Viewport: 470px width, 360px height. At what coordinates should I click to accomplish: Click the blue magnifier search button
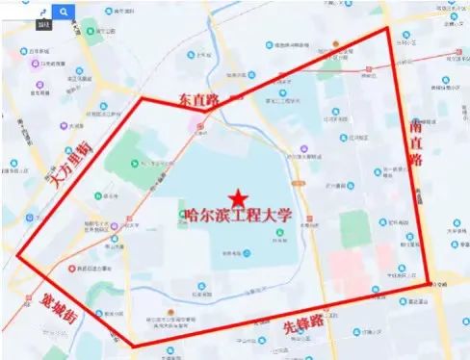pyautogui.click(x=63, y=13)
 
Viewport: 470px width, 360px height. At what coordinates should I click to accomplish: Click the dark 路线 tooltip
pyautogui.click(x=42, y=21)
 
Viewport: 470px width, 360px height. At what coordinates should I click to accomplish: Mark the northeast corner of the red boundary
pyautogui.click(x=388, y=28)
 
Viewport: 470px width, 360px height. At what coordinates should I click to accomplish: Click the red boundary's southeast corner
pyautogui.click(x=429, y=284)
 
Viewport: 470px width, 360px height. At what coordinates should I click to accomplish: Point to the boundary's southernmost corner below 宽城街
pyautogui.click(x=133, y=346)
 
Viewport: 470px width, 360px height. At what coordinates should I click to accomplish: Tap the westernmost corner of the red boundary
pyautogui.click(x=17, y=256)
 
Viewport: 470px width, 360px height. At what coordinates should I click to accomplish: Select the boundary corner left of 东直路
pyautogui.click(x=143, y=98)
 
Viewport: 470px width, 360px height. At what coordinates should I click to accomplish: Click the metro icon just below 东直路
pyautogui.click(x=199, y=124)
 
